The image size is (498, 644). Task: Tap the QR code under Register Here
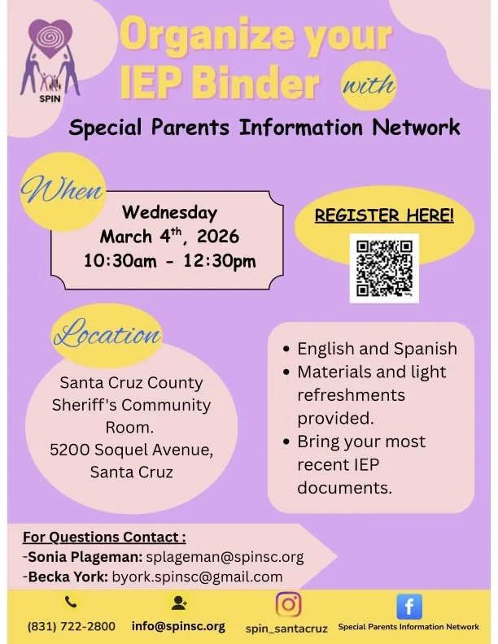(x=384, y=268)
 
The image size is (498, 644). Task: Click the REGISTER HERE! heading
(x=384, y=215)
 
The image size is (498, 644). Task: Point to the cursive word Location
(x=107, y=335)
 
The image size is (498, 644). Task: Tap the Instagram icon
(x=288, y=604)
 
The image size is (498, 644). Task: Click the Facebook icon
(x=409, y=606)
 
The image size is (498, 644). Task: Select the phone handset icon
(x=70, y=603)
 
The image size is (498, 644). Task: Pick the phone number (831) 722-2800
(x=72, y=627)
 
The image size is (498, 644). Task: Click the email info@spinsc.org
(x=178, y=627)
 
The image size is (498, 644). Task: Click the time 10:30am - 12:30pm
(x=169, y=261)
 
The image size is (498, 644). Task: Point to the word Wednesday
(x=169, y=213)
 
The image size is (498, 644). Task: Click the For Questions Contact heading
(x=104, y=537)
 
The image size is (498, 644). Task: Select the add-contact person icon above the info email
(x=178, y=603)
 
